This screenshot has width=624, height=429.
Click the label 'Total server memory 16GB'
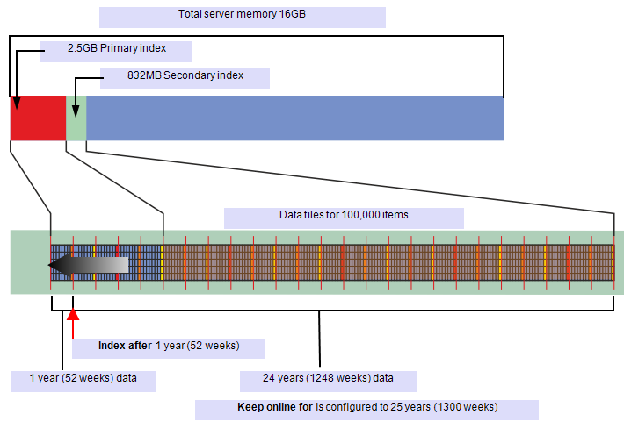[x=242, y=16]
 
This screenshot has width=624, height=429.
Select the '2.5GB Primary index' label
[x=116, y=50]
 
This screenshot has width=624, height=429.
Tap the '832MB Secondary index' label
[x=185, y=77]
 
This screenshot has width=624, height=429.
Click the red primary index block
[x=38, y=118]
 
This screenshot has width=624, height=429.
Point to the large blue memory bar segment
[x=294, y=118]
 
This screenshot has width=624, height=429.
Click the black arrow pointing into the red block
[x=17, y=102]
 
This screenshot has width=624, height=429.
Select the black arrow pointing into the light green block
[x=76, y=106]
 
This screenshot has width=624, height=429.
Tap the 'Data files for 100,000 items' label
[x=344, y=216]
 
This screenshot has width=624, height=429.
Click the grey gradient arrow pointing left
[x=88, y=265]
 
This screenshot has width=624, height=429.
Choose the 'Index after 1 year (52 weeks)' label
[x=169, y=347]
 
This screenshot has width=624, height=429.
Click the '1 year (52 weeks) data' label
[x=83, y=380]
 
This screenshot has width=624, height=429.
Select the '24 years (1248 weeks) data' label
[x=328, y=380]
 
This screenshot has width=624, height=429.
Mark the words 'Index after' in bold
[x=125, y=347]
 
